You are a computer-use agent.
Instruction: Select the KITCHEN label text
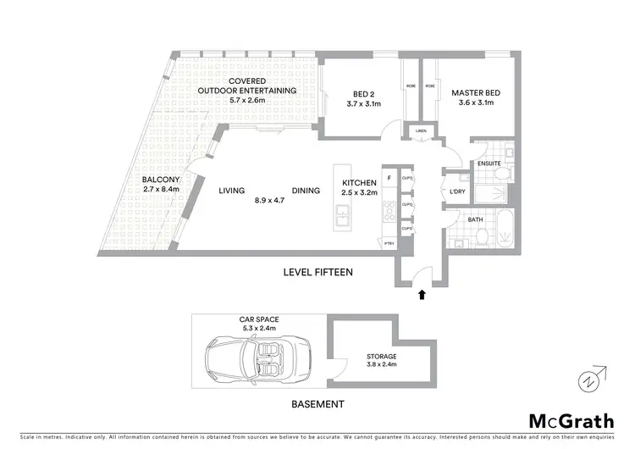click(x=358, y=183)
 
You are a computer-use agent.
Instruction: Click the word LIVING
click(x=231, y=191)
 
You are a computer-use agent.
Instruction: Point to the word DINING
click(x=306, y=191)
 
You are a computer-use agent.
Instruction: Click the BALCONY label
click(x=160, y=179)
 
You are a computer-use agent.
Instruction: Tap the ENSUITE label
click(x=489, y=163)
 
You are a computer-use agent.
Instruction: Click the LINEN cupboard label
click(x=421, y=131)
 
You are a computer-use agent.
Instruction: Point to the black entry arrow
click(x=421, y=294)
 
